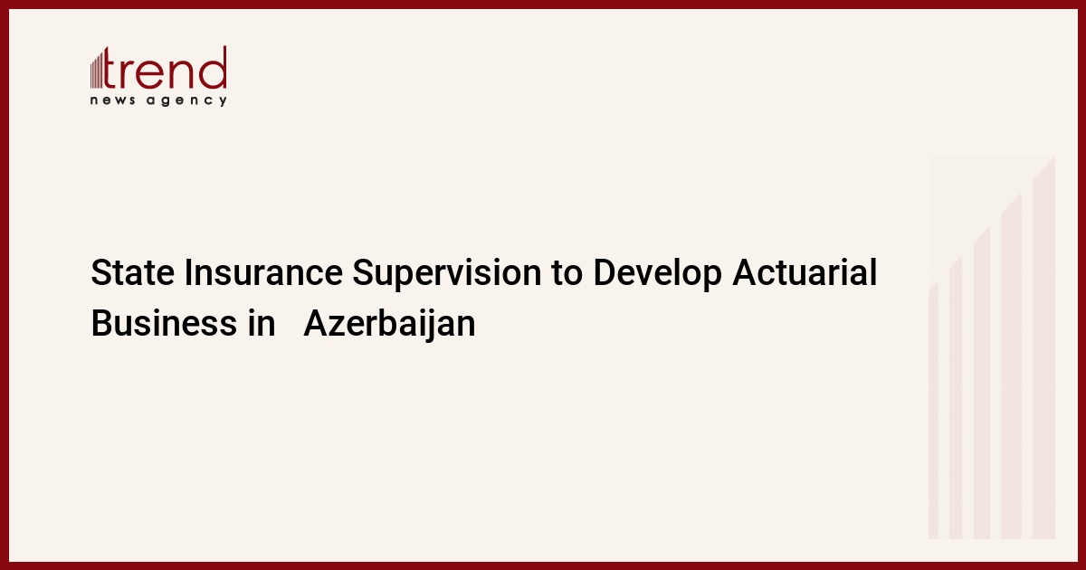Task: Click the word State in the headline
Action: (132, 272)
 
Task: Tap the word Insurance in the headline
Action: (263, 272)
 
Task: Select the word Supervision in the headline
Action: (446, 274)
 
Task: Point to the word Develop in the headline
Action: (657, 274)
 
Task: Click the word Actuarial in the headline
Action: (805, 272)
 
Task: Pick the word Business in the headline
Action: (164, 323)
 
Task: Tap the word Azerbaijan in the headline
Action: (389, 325)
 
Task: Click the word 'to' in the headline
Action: (567, 274)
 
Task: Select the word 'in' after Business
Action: (261, 323)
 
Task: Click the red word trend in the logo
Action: (166, 68)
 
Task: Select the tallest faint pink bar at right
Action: (1043, 347)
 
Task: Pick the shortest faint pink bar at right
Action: (933, 411)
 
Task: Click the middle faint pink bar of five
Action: (982, 383)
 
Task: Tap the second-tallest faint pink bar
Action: (1012, 366)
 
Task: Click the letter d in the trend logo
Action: (213, 68)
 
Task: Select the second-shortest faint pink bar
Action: (956, 397)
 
